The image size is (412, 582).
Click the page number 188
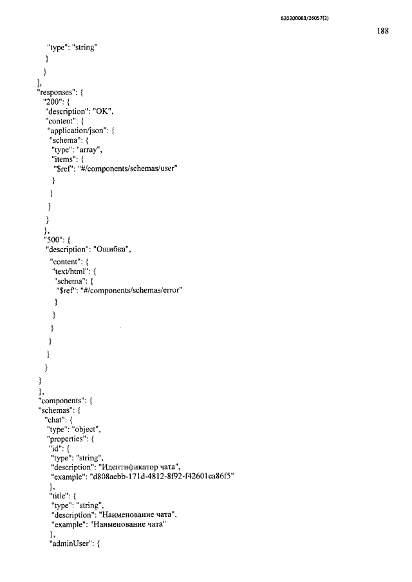point(382,31)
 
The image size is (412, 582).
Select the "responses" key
point(57,92)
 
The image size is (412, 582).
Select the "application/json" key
point(77,131)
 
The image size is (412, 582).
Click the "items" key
point(64,159)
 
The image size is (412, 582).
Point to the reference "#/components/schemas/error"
point(131,291)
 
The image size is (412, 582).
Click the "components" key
point(61,401)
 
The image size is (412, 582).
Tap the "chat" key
point(55,420)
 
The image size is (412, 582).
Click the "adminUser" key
point(71,544)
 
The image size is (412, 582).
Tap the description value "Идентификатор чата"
point(141,468)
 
